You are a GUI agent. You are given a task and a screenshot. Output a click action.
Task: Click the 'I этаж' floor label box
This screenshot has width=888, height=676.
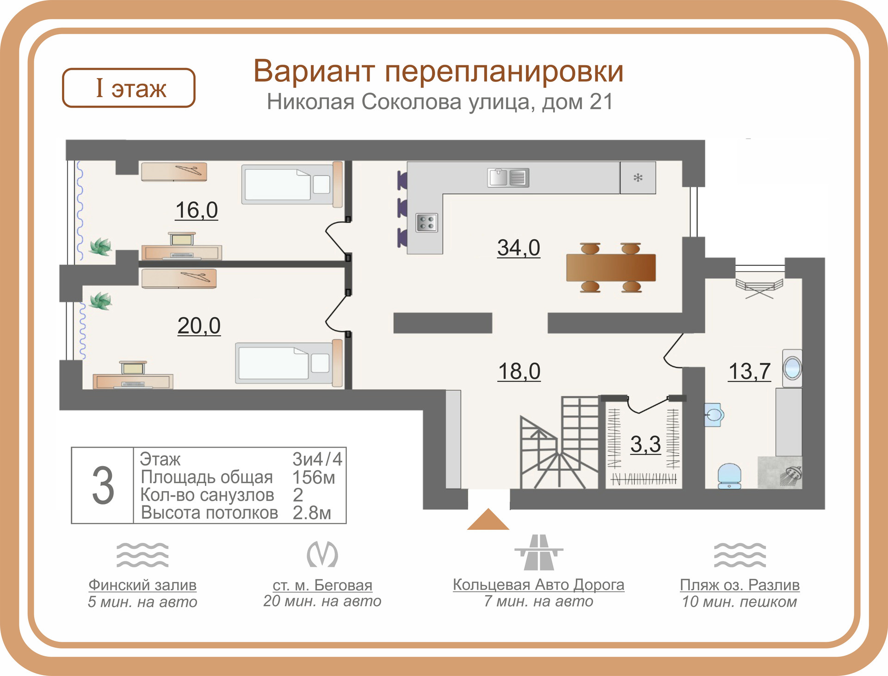pyautogui.click(x=129, y=88)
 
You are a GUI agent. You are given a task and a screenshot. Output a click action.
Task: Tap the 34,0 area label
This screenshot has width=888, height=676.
pyautogui.click(x=518, y=248)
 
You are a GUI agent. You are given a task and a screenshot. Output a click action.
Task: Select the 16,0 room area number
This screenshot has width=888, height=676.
pyautogui.click(x=197, y=210)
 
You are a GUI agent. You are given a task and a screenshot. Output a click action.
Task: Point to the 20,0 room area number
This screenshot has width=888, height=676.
pyautogui.click(x=199, y=326)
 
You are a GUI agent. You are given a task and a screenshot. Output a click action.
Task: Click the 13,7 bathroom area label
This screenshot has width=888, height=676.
pyautogui.click(x=749, y=371)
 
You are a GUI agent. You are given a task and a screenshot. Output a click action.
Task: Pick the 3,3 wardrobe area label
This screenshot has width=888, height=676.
pyautogui.click(x=646, y=444)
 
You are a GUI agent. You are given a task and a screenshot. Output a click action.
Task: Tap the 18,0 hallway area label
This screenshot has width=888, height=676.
pyautogui.click(x=519, y=371)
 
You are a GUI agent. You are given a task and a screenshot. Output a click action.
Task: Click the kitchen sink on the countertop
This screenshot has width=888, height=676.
pyautogui.click(x=508, y=178)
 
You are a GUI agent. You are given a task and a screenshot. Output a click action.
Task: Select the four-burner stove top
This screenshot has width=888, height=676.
pyautogui.click(x=426, y=223)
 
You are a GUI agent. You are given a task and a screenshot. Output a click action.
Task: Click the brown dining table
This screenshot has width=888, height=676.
pyautogui.click(x=610, y=267)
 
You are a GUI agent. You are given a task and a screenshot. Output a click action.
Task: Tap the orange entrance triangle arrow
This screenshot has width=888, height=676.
pyautogui.click(x=488, y=520)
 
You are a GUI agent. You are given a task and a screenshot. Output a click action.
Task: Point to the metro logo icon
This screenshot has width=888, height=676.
pyautogui.click(x=322, y=554)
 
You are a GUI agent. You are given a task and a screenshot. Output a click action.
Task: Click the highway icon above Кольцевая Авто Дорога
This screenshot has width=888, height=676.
pyautogui.click(x=539, y=553)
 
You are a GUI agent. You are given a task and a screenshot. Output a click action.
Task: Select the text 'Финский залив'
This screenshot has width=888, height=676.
pyautogui.click(x=142, y=585)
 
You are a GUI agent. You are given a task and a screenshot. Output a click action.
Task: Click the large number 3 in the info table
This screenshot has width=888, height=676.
pyautogui.click(x=103, y=485)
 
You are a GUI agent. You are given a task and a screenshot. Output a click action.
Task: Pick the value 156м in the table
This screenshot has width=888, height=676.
pyautogui.click(x=314, y=477)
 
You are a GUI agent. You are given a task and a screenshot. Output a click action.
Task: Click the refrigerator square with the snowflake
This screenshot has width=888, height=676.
pyautogui.click(x=638, y=178)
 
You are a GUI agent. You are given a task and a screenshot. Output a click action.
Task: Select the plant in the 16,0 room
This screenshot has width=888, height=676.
pyautogui.click(x=101, y=246)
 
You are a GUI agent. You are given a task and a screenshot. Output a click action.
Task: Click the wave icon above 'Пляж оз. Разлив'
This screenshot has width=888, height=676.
pyautogui.click(x=740, y=555)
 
